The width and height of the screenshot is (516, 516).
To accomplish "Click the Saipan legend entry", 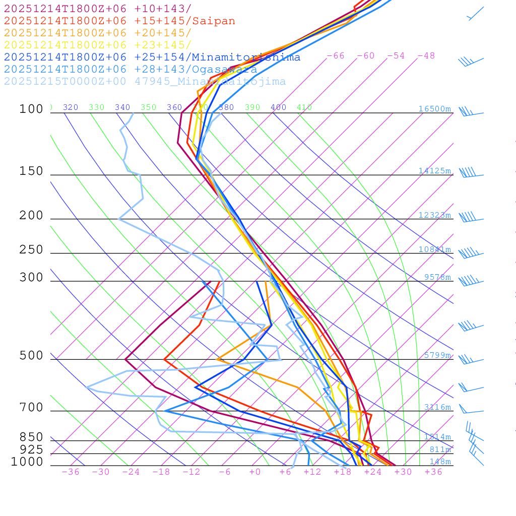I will click(x=119, y=21).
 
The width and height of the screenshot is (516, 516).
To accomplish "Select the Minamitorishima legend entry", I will click(x=152, y=57).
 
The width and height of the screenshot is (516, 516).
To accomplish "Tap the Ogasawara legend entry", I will click(x=131, y=70).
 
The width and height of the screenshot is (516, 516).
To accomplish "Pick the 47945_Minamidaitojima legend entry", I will click(x=145, y=82).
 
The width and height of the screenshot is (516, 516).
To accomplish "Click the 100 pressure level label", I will click(x=31, y=109).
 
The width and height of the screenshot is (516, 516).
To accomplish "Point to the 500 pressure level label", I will click(x=31, y=356).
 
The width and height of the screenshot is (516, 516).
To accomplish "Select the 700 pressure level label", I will click(x=31, y=407).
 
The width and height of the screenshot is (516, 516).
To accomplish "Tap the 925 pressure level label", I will click(x=31, y=449).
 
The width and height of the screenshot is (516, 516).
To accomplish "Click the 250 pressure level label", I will click(x=31, y=250).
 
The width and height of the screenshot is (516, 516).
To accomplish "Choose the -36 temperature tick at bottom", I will click(x=70, y=472).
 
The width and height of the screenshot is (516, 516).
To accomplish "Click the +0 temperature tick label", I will click(x=255, y=472).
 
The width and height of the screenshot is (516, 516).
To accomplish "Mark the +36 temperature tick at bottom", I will click(x=433, y=472).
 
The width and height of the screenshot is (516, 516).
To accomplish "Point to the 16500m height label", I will click(x=434, y=109).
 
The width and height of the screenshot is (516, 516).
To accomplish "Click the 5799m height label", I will click(x=437, y=355).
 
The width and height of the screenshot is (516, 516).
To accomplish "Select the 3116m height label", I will click(x=437, y=407).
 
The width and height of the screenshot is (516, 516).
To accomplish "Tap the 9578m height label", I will click(x=437, y=277).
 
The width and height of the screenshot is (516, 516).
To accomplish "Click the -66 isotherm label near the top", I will click(x=335, y=56).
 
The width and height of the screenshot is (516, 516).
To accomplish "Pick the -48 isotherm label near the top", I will click(x=426, y=56).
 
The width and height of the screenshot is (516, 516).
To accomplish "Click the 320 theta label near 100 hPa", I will click(x=71, y=107).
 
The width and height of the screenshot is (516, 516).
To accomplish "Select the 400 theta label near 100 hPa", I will click(x=278, y=107).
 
